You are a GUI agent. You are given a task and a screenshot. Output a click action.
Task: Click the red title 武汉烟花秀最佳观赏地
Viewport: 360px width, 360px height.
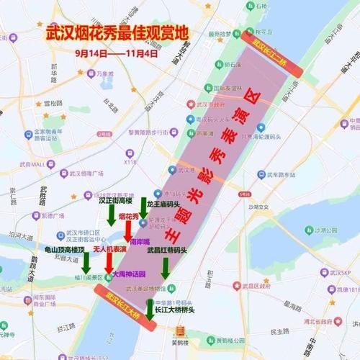click(116, 33)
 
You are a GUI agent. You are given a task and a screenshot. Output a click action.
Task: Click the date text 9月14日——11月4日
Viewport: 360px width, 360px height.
click(116, 53)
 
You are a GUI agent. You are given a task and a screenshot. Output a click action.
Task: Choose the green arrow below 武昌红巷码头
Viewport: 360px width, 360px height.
click(166, 268)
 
